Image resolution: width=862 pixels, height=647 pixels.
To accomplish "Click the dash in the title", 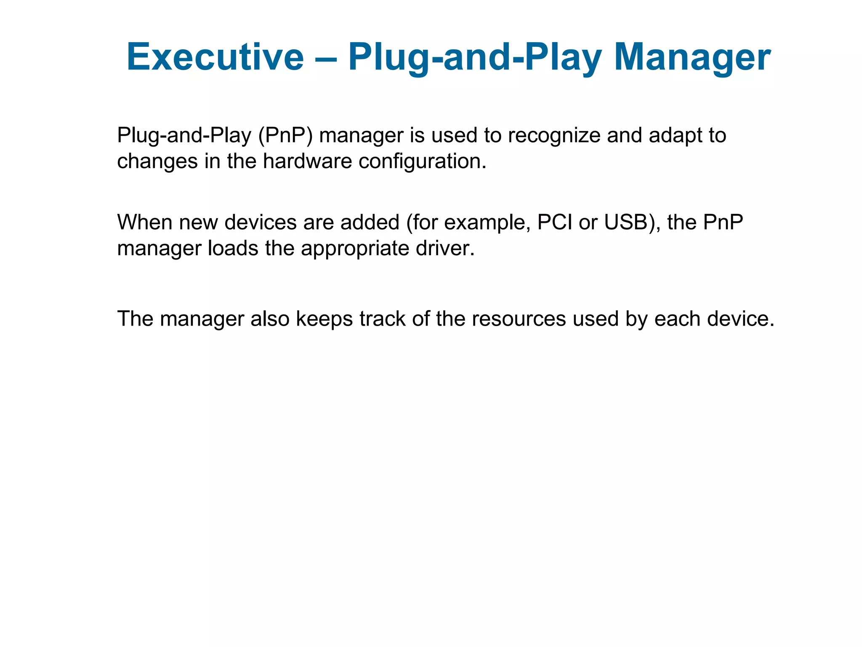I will coord(326,58).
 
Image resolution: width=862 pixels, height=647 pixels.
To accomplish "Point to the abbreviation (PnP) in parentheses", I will coord(285,136).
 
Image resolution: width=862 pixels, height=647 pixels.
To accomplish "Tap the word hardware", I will coord(307,161).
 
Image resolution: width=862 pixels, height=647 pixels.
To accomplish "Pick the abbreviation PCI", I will coord(555,222).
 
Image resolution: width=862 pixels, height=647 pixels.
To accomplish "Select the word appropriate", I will coord(355,248).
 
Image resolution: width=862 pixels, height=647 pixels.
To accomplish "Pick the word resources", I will coord(519,318).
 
